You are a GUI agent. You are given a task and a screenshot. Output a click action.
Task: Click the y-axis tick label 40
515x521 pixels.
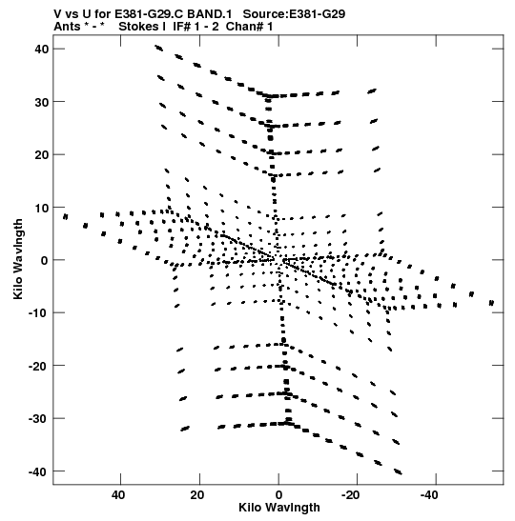pos(42,50)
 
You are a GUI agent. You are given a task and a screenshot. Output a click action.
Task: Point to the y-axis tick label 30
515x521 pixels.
pos(42,102)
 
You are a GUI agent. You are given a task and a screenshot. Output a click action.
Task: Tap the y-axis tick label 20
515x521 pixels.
pos(42,155)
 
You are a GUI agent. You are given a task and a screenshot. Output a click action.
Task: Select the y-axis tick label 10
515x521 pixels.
pos(42,208)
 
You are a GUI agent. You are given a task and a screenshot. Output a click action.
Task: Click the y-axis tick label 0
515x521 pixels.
pos(45,261)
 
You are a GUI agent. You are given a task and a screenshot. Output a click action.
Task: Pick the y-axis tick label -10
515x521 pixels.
pos(39,313)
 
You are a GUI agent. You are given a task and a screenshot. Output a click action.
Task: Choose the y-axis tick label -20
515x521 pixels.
pos(39,366)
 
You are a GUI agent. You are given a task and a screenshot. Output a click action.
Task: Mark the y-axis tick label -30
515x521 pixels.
pos(39,419)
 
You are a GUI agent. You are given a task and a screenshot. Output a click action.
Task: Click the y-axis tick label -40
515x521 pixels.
pos(39,471)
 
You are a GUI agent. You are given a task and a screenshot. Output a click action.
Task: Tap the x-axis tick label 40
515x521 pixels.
pos(118,495)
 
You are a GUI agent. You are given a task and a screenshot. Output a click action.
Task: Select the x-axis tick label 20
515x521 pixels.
pos(197,495)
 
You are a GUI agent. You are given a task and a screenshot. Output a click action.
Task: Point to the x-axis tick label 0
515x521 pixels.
pos(278,495)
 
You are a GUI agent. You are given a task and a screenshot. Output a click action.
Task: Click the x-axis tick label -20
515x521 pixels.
pos(351,495)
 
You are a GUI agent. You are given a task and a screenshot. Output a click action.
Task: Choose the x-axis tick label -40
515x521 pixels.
pos(429,495)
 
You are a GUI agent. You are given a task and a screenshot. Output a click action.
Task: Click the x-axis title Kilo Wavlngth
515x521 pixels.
pos(279,508)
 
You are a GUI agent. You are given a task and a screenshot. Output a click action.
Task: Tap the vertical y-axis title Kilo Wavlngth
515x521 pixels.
pos(18,259)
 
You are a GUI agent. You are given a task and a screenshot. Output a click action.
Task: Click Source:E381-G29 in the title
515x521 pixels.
pos(294,14)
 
